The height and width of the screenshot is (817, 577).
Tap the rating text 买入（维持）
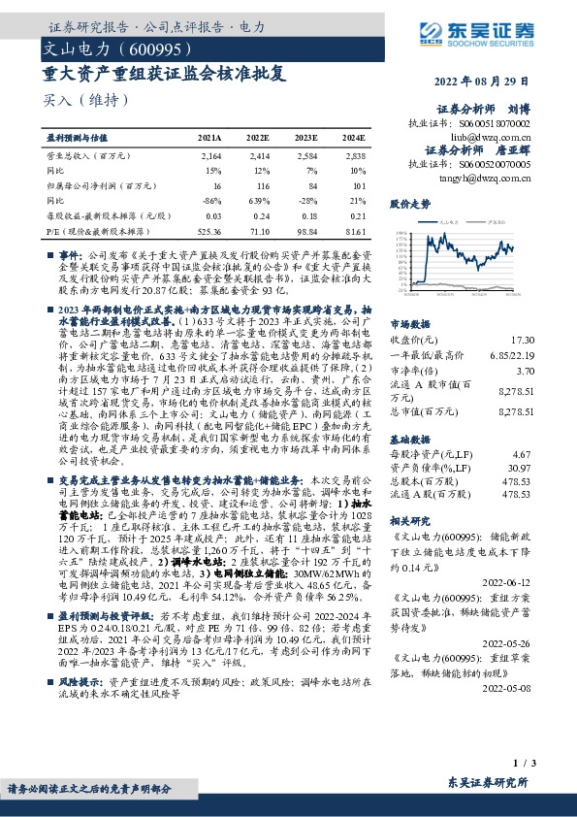[86, 100]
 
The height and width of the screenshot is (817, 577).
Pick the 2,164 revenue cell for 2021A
[211, 155]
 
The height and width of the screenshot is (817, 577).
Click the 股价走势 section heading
[410, 206]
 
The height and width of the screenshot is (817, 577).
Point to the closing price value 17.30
[523, 340]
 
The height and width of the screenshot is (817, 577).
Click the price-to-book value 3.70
[525, 371]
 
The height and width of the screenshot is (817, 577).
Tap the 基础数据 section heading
[409, 440]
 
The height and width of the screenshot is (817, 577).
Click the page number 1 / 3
[524, 764]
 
